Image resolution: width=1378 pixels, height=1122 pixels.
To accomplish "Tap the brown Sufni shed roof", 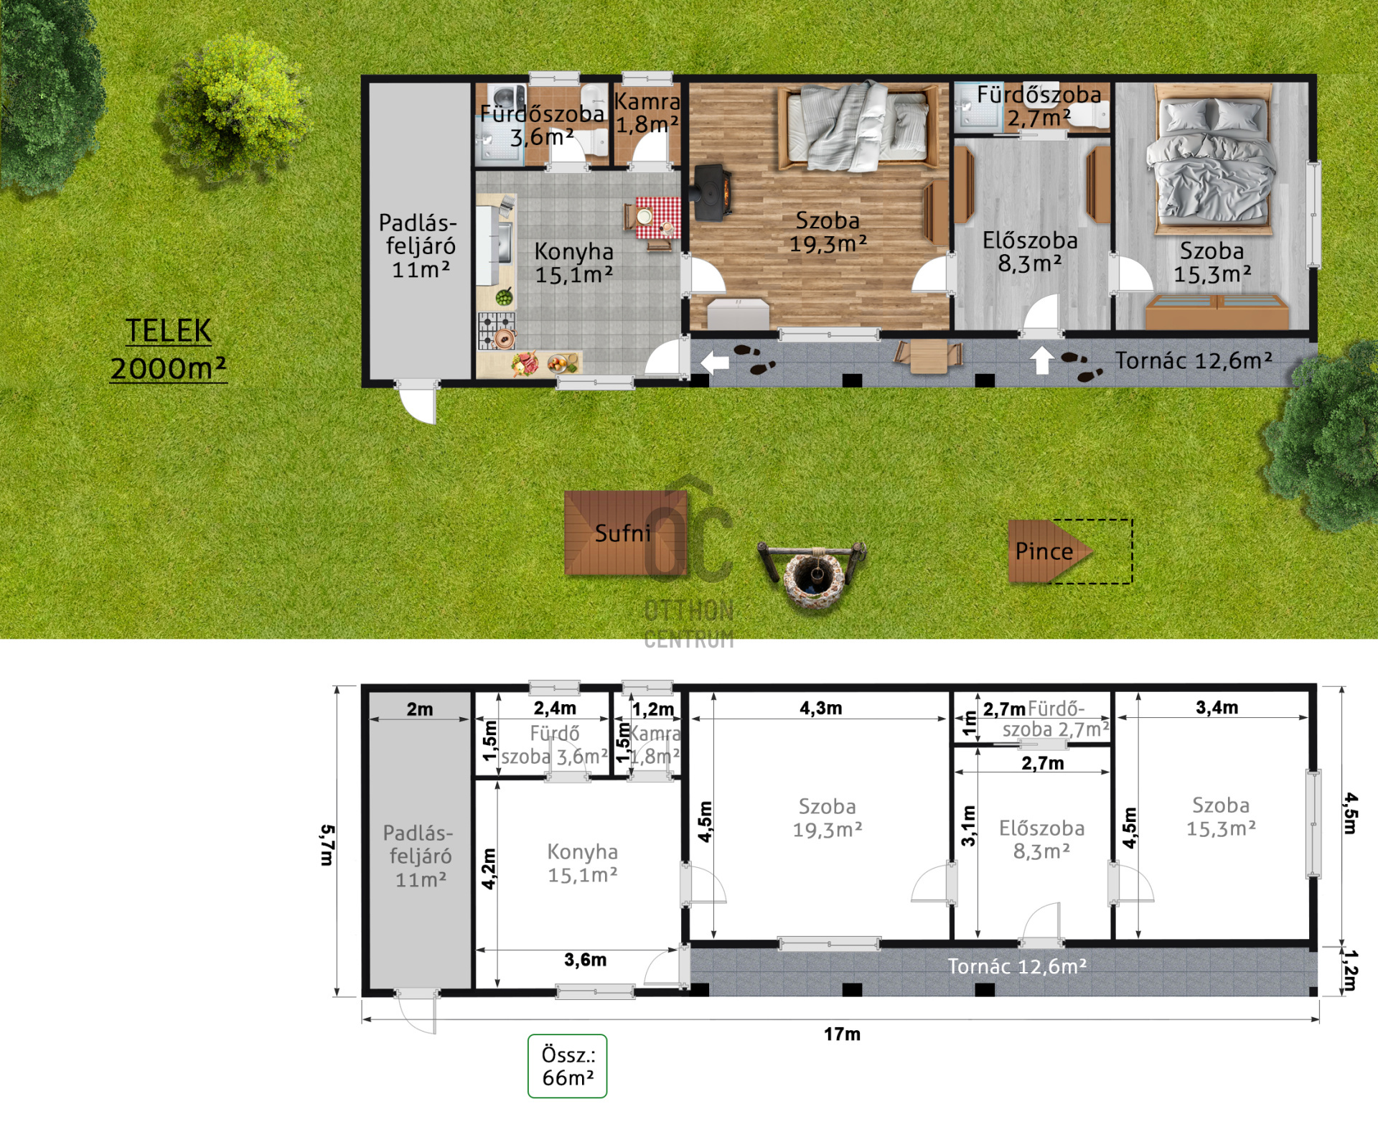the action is click(625, 533).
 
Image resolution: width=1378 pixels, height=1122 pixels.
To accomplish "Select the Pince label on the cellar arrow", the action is click(1044, 551).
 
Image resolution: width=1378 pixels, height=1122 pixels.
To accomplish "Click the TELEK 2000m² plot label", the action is click(169, 350).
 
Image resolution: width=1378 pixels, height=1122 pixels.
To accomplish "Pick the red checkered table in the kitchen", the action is click(657, 218).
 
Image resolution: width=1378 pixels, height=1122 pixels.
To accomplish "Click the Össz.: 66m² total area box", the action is click(568, 1066).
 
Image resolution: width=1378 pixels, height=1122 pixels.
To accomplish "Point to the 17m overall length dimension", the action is click(842, 1034).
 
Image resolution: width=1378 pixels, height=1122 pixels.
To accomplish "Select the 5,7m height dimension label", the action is click(327, 845).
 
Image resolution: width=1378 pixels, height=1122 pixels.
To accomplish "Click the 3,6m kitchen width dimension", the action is click(585, 960).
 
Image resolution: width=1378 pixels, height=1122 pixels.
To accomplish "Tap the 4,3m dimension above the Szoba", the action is click(821, 708).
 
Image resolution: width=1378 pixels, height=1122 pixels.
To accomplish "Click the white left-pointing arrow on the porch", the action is click(714, 363).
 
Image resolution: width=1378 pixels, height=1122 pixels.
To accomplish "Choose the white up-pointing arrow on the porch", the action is click(1042, 360).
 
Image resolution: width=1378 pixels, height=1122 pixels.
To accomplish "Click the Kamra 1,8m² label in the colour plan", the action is click(647, 113).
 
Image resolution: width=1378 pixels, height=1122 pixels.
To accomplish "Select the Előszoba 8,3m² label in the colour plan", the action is click(1030, 252).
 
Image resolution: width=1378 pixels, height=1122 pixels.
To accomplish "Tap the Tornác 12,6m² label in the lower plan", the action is click(1017, 966).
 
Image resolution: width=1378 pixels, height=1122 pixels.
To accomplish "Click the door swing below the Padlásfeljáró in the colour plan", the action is click(417, 404).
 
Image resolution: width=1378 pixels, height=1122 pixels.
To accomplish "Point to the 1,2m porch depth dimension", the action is click(1350, 970).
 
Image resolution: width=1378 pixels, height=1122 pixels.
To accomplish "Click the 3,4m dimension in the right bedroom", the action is click(1217, 707).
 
